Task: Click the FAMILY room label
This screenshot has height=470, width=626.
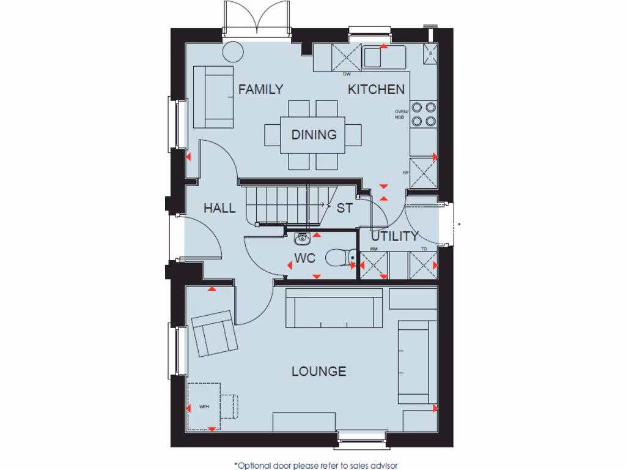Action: point(260,89)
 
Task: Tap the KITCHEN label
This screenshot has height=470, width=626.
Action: point(376,89)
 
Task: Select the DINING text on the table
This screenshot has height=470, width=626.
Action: point(314,135)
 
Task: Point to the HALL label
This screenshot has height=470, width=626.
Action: point(219,209)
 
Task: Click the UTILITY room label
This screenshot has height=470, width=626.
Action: point(395,236)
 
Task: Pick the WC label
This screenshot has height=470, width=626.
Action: point(304,259)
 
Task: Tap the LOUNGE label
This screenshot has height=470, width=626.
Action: point(319,371)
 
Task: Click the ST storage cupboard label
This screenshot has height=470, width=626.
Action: point(345,209)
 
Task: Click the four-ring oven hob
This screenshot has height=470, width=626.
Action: point(423,113)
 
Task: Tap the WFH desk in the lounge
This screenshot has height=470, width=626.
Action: point(204,406)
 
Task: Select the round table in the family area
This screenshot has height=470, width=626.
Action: point(233,51)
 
